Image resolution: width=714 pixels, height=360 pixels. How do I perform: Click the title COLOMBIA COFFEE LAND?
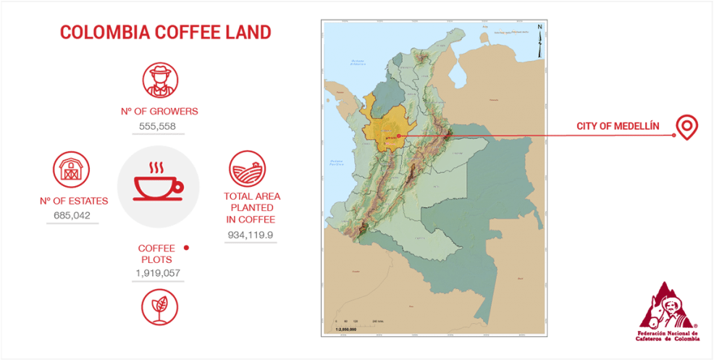[165, 33]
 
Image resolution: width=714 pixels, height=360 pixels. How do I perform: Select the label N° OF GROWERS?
[159, 112]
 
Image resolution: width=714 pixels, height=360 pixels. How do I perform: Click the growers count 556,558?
[157, 126]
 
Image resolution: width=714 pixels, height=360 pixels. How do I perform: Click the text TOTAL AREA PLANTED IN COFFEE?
[252, 207]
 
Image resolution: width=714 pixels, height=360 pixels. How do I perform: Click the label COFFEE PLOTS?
[157, 254]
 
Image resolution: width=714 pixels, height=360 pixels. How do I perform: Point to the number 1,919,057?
[157, 273]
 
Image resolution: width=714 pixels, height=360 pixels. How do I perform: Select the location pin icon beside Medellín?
[686, 127]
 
